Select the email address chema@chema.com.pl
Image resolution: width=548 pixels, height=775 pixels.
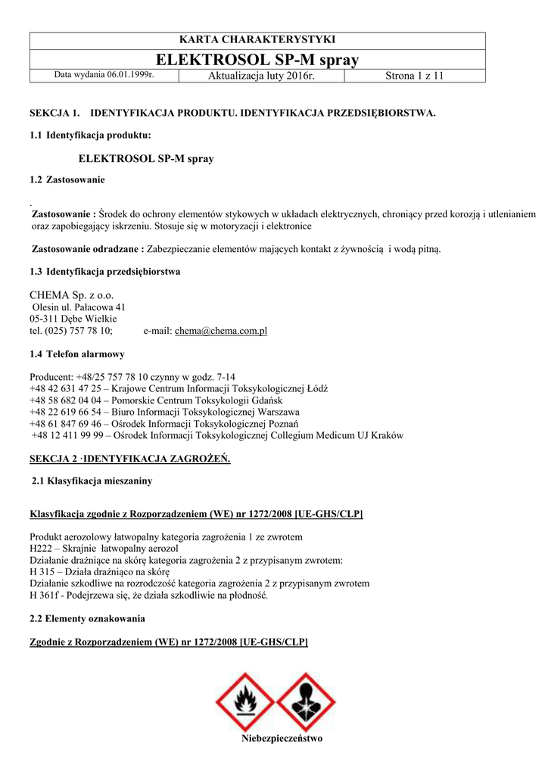221,331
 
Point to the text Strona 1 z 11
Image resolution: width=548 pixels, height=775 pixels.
415,75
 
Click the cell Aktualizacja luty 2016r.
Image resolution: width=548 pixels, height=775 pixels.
251,75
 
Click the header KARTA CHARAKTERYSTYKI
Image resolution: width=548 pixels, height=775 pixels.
257,39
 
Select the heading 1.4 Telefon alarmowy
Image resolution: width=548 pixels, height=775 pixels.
77,354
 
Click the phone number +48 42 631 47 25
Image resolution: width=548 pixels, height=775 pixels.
64,388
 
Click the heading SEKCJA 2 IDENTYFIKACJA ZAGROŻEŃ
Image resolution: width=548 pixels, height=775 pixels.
129,459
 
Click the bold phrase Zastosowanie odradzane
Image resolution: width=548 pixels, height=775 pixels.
87,248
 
